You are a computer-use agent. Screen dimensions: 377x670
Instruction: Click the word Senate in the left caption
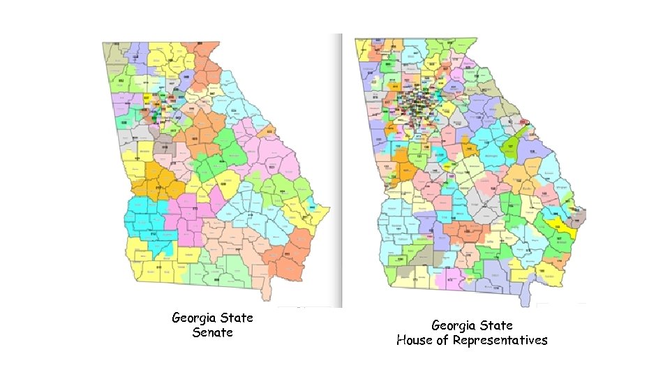(x=212, y=333)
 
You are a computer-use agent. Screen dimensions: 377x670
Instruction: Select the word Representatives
(x=500, y=341)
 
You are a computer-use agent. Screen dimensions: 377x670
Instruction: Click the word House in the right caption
(x=415, y=341)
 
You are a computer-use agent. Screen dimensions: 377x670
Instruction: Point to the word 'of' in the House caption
(x=443, y=341)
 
